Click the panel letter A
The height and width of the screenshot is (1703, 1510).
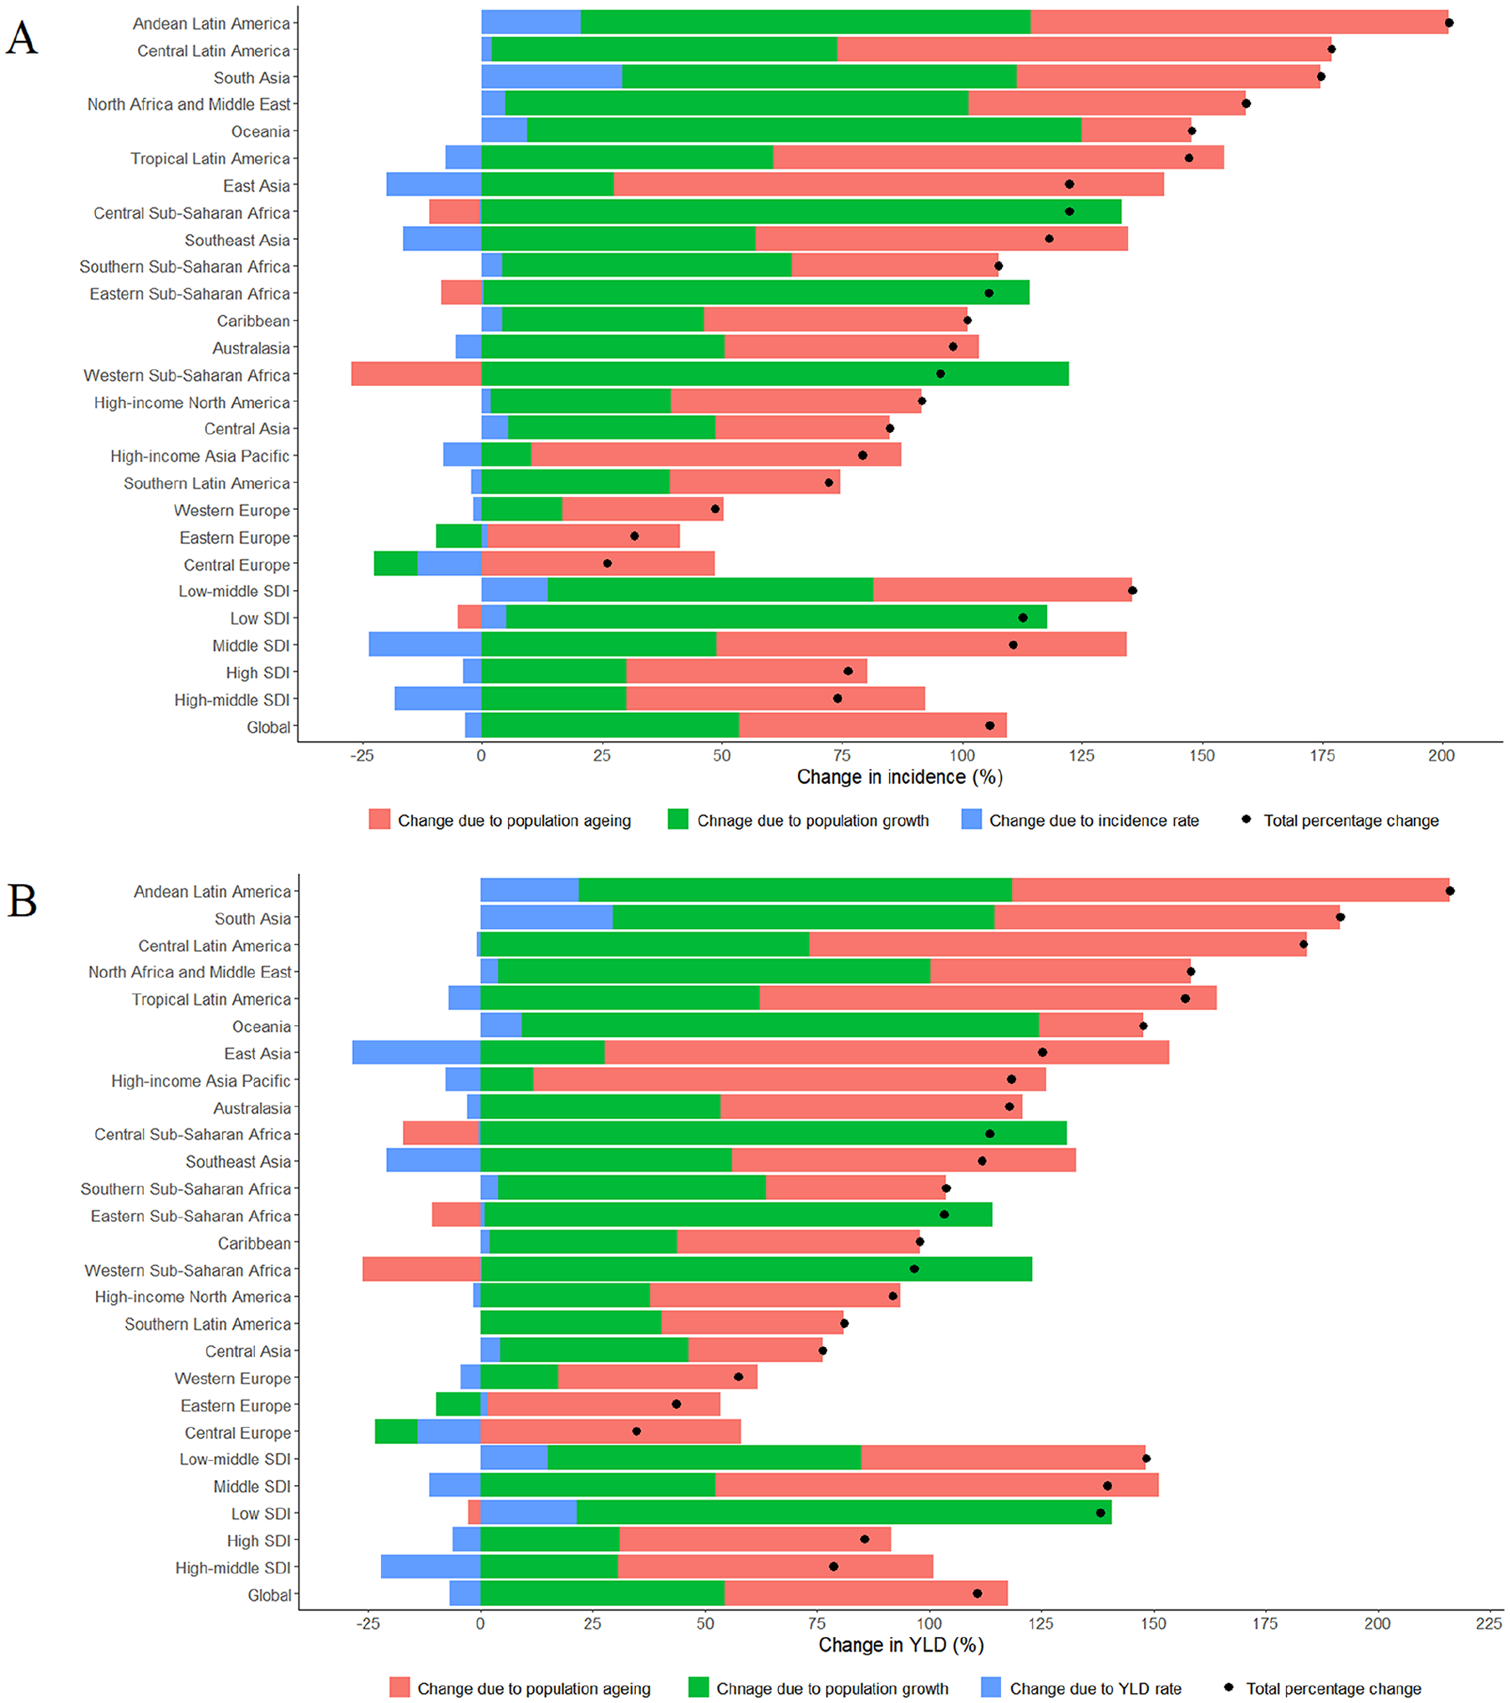pos(22,38)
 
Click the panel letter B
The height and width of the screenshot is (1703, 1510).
pos(22,902)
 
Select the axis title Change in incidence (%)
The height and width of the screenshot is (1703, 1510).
pos(899,777)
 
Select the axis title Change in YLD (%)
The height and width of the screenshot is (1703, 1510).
pos(901,1645)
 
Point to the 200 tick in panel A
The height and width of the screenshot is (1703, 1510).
pos(1441,755)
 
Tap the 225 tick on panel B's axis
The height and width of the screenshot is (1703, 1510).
pos(1488,1623)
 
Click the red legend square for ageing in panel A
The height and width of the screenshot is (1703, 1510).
pos(379,820)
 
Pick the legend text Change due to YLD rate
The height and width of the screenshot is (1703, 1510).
pos(1095,1688)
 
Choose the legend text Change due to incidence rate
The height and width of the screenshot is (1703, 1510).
pos(1093,821)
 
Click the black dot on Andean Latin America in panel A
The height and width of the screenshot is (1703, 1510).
pos(1449,23)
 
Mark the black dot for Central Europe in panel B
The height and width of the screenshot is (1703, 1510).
pos(636,1431)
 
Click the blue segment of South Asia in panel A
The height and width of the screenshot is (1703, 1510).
pos(552,77)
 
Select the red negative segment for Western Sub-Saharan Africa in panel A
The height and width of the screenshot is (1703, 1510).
pos(415,374)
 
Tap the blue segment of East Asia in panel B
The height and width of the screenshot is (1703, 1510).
pos(415,1052)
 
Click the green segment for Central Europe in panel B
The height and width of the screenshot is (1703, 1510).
pos(395,1431)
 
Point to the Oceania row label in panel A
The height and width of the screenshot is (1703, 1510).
pos(260,132)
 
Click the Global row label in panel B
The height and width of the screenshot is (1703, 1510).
pos(269,1595)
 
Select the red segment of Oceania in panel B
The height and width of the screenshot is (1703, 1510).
pos(1090,1025)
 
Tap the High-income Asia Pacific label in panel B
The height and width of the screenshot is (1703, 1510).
pos(201,1081)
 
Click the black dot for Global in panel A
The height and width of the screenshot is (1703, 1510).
pos(989,725)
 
